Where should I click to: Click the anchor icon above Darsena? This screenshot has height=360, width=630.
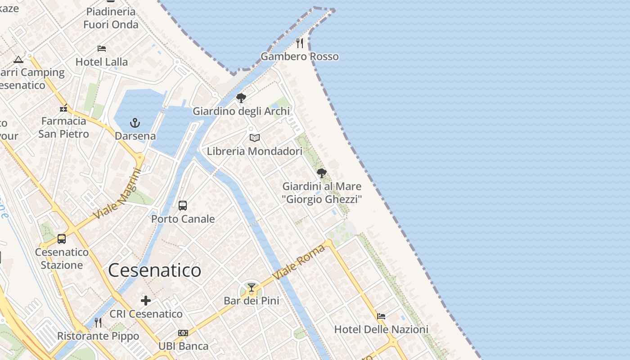click(135, 122)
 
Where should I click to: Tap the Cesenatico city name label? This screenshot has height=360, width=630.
click(154, 270)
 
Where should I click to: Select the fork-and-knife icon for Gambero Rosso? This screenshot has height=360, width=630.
click(300, 43)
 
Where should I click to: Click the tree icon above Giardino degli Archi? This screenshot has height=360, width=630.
click(241, 98)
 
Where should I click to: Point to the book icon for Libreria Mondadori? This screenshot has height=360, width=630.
click(255, 138)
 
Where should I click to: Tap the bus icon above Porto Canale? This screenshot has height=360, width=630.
click(183, 206)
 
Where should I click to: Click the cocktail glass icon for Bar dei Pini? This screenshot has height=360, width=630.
click(252, 288)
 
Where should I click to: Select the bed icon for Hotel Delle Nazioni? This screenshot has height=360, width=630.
click(381, 316)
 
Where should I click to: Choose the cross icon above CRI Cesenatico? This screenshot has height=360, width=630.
click(146, 301)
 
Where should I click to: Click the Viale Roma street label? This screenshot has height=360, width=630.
click(300, 262)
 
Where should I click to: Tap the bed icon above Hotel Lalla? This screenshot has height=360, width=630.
click(102, 49)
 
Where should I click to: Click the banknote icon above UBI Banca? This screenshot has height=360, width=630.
click(183, 333)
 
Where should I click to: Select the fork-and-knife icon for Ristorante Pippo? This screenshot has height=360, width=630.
click(98, 323)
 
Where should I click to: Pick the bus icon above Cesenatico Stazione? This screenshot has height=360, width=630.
click(62, 239)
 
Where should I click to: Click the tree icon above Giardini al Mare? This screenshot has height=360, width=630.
click(322, 173)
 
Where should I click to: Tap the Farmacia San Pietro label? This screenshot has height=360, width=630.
click(63, 127)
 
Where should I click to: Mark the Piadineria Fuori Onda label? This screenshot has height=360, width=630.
click(111, 18)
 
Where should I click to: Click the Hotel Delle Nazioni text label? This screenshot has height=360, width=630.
click(381, 329)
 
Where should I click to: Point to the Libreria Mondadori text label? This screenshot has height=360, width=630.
click(255, 151)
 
